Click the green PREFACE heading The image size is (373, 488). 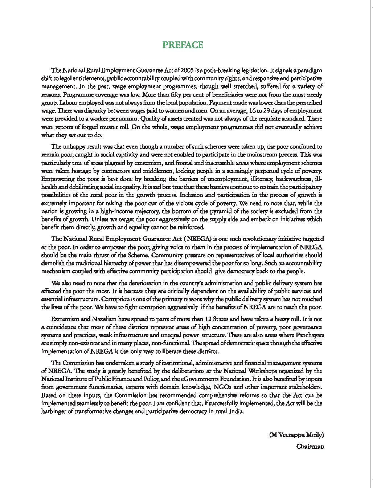183,45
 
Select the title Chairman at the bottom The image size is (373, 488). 310,446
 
